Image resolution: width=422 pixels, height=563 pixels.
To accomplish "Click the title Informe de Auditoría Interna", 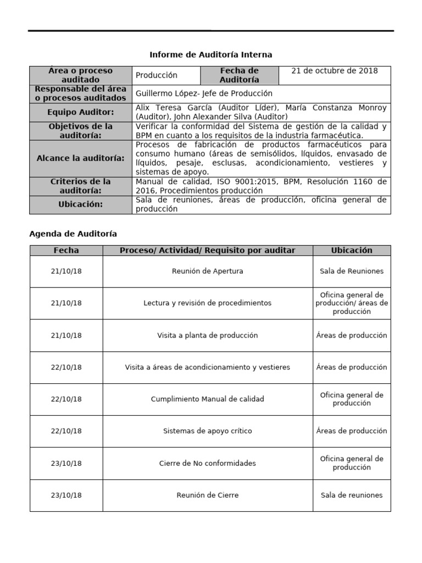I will [x=211, y=55].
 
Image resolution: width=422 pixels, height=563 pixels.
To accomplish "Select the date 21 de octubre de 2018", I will [x=334, y=71].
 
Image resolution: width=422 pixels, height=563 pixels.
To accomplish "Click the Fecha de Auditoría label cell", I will [x=239, y=75].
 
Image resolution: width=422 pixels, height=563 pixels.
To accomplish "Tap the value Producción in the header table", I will [x=157, y=75].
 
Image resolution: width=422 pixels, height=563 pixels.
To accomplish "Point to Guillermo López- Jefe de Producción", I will [x=204, y=93].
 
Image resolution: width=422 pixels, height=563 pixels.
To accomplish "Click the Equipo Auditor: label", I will [x=81, y=112].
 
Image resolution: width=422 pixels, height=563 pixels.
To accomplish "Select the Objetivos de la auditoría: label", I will [x=81, y=131].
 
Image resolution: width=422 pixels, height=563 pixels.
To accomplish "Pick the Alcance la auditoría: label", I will [x=81, y=158].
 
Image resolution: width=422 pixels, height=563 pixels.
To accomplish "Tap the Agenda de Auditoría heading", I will [x=73, y=234].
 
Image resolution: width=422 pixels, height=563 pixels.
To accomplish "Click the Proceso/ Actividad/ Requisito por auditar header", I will [x=208, y=251].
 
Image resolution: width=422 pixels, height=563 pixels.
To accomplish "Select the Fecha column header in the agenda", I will [x=66, y=251].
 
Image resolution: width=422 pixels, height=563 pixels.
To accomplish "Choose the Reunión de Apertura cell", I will [x=208, y=271].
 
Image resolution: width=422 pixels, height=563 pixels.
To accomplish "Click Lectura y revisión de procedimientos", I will [x=208, y=303].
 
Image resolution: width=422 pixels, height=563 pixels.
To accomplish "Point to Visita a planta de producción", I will [x=208, y=335].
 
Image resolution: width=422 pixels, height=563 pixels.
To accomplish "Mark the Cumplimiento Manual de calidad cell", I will [x=208, y=399].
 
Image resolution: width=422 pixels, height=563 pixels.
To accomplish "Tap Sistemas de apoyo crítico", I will [x=208, y=431].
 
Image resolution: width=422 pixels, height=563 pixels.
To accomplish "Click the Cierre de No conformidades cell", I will [x=208, y=463].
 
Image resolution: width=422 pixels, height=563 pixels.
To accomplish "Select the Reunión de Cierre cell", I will [x=208, y=495].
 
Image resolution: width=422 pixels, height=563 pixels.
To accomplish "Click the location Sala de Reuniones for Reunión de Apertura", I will [x=352, y=271].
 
